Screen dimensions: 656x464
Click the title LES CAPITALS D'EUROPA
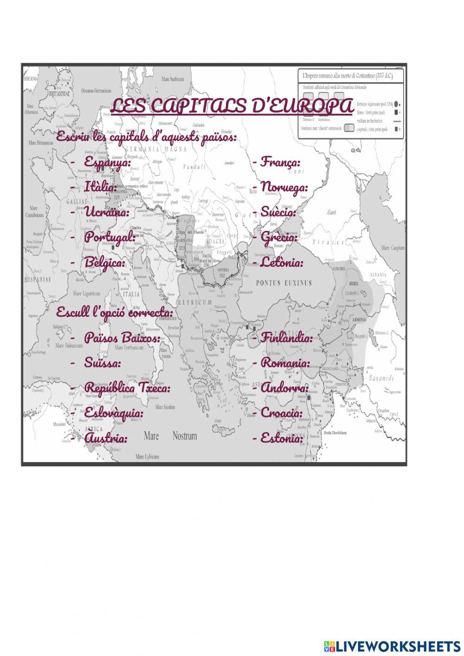click(232, 106)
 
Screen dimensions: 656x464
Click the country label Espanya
click(107, 161)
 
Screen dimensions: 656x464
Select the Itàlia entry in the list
click(100, 187)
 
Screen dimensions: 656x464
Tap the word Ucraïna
click(106, 212)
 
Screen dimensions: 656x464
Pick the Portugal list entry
click(110, 237)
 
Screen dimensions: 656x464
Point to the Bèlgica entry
click(104, 262)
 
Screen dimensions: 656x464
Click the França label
click(280, 161)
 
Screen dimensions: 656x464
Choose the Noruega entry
click(284, 187)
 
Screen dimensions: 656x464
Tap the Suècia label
click(278, 212)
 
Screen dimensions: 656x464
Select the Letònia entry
click(282, 262)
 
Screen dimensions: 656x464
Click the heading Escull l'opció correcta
click(115, 312)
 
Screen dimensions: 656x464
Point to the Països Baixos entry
click(122, 337)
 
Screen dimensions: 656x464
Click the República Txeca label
click(127, 387)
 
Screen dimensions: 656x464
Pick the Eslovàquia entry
click(114, 412)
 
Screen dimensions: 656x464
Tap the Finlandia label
click(286, 337)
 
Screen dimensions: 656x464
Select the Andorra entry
click(284, 387)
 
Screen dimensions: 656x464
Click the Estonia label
click(281, 437)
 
